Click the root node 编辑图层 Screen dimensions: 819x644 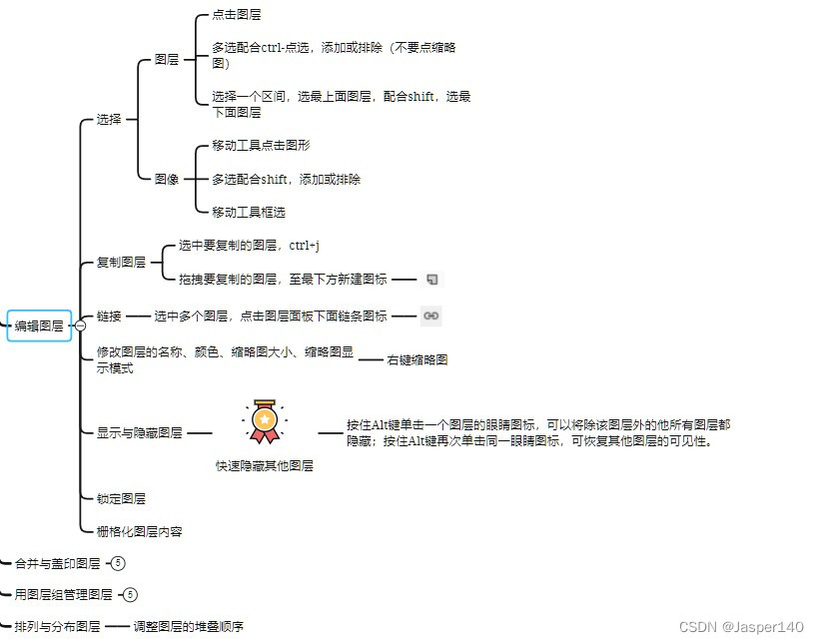39,325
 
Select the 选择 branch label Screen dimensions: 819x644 109,119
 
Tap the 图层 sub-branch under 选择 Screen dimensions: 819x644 167,60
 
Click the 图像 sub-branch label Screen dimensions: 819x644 167,180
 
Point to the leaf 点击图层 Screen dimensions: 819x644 237,16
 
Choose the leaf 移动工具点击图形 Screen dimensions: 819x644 261,146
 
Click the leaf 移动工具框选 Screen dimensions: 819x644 249,212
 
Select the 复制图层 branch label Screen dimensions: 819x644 121,263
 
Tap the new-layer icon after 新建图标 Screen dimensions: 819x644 431,280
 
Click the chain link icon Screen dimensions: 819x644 430,316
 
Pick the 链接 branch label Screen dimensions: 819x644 109,317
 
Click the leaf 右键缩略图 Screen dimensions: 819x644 417,359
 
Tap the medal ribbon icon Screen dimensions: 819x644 264,421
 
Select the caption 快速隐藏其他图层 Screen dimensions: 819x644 264,465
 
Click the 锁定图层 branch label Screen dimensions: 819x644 121,498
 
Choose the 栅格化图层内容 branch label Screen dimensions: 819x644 139,532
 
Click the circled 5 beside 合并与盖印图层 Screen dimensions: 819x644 118,563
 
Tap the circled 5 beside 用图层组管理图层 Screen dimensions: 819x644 130,595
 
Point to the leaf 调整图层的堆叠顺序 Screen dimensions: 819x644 188,627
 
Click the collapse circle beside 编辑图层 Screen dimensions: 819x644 80,325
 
